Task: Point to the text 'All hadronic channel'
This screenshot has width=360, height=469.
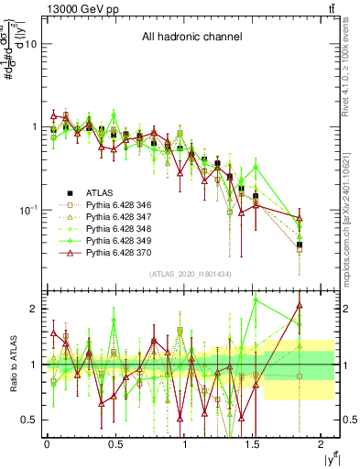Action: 190,38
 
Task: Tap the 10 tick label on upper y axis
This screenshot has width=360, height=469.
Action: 30,44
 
